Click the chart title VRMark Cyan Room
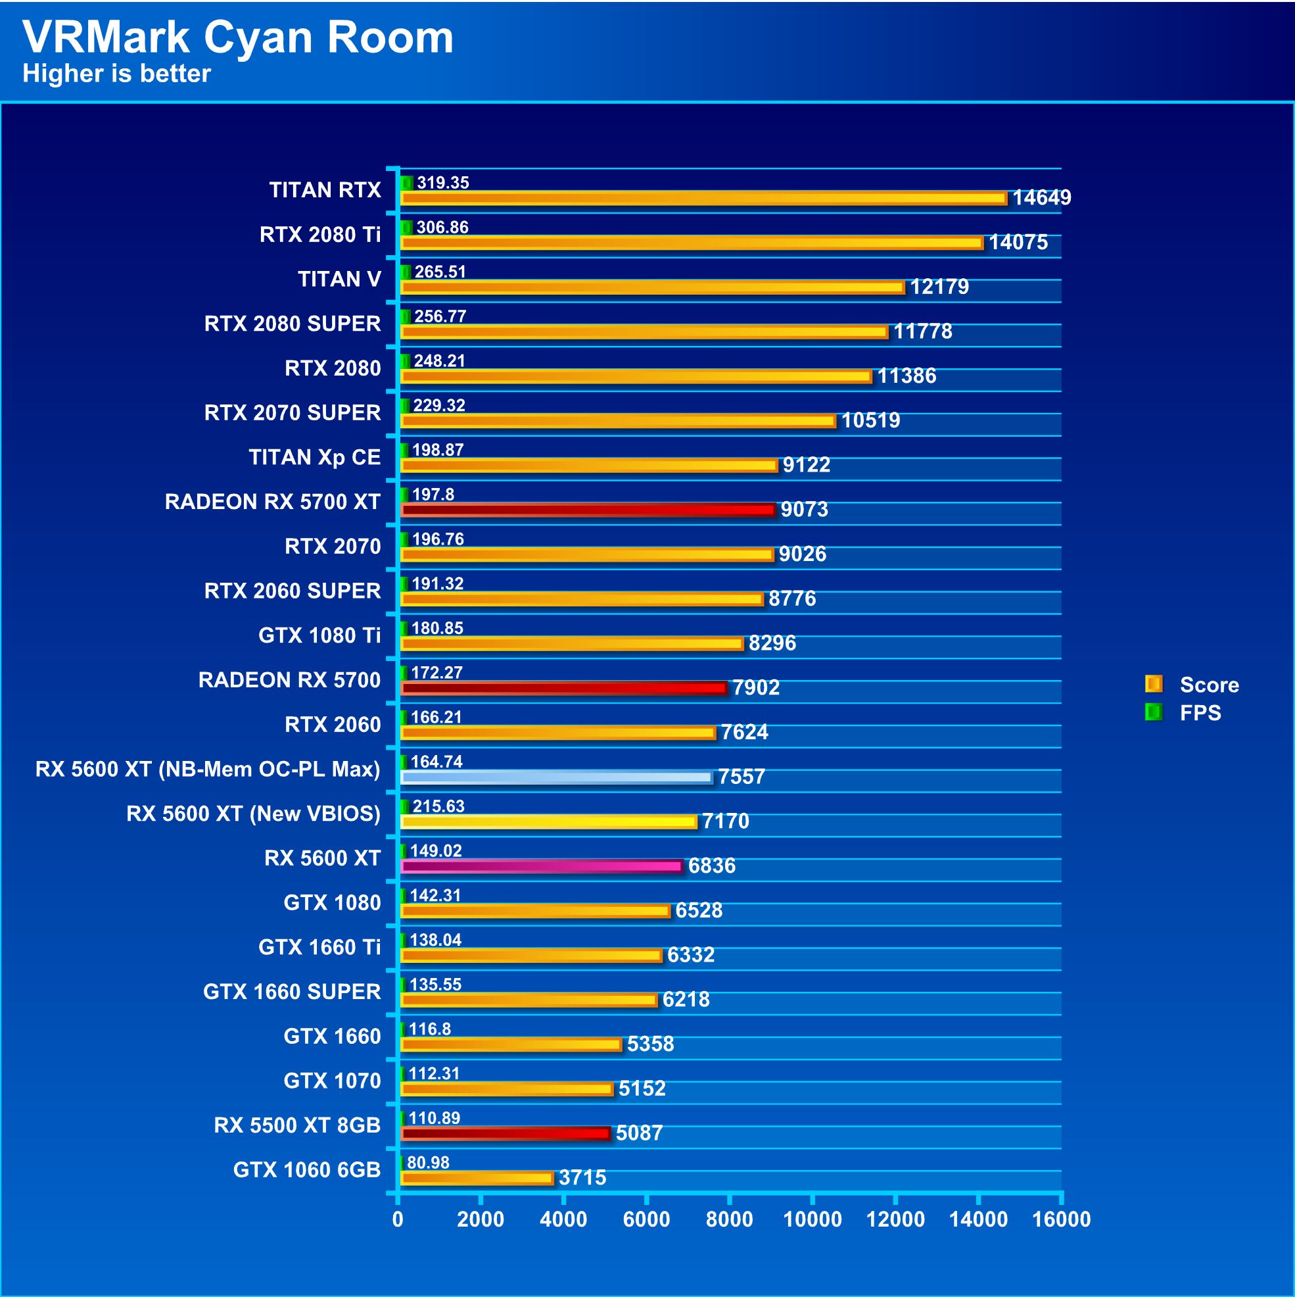click(x=237, y=37)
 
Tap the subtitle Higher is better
click(x=117, y=74)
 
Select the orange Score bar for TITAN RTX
click(x=703, y=198)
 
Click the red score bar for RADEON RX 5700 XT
click(x=588, y=510)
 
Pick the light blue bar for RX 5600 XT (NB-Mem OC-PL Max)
click(x=555, y=777)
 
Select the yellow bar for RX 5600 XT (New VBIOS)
click(x=548, y=821)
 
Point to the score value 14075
click(x=1018, y=242)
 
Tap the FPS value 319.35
click(x=443, y=183)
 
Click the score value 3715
click(x=582, y=1177)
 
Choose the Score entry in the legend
click(x=1208, y=685)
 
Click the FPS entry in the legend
click(x=1200, y=712)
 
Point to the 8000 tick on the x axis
click(x=730, y=1219)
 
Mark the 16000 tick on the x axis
click(x=1061, y=1219)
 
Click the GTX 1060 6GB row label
click(x=306, y=1170)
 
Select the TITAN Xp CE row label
click(x=315, y=457)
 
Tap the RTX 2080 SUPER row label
click(x=293, y=324)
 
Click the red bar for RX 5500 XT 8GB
click(x=506, y=1134)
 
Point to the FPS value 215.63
click(x=438, y=806)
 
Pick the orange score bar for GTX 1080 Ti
click(x=572, y=644)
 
